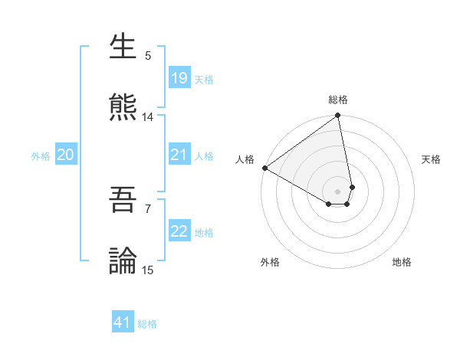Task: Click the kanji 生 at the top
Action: click(x=123, y=47)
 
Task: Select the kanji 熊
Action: click(x=123, y=107)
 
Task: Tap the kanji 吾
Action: click(x=123, y=199)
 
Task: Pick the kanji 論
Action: click(x=123, y=260)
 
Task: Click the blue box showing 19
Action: click(x=179, y=78)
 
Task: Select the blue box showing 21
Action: click(x=179, y=155)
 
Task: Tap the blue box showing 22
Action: click(x=179, y=232)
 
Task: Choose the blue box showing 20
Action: click(x=65, y=155)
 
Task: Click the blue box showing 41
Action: click(x=123, y=322)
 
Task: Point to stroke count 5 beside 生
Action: click(x=148, y=56)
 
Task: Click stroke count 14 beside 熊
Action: click(x=148, y=117)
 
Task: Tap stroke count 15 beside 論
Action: click(x=148, y=270)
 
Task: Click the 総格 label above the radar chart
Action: click(x=338, y=100)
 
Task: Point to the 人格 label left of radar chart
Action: click(x=245, y=159)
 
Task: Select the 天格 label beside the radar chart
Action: click(x=431, y=159)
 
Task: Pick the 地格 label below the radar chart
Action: click(x=402, y=262)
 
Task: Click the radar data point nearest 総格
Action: click(x=338, y=116)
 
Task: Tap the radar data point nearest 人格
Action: click(x=264, y=168)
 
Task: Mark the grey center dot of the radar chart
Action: click(x=338, y=191)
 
